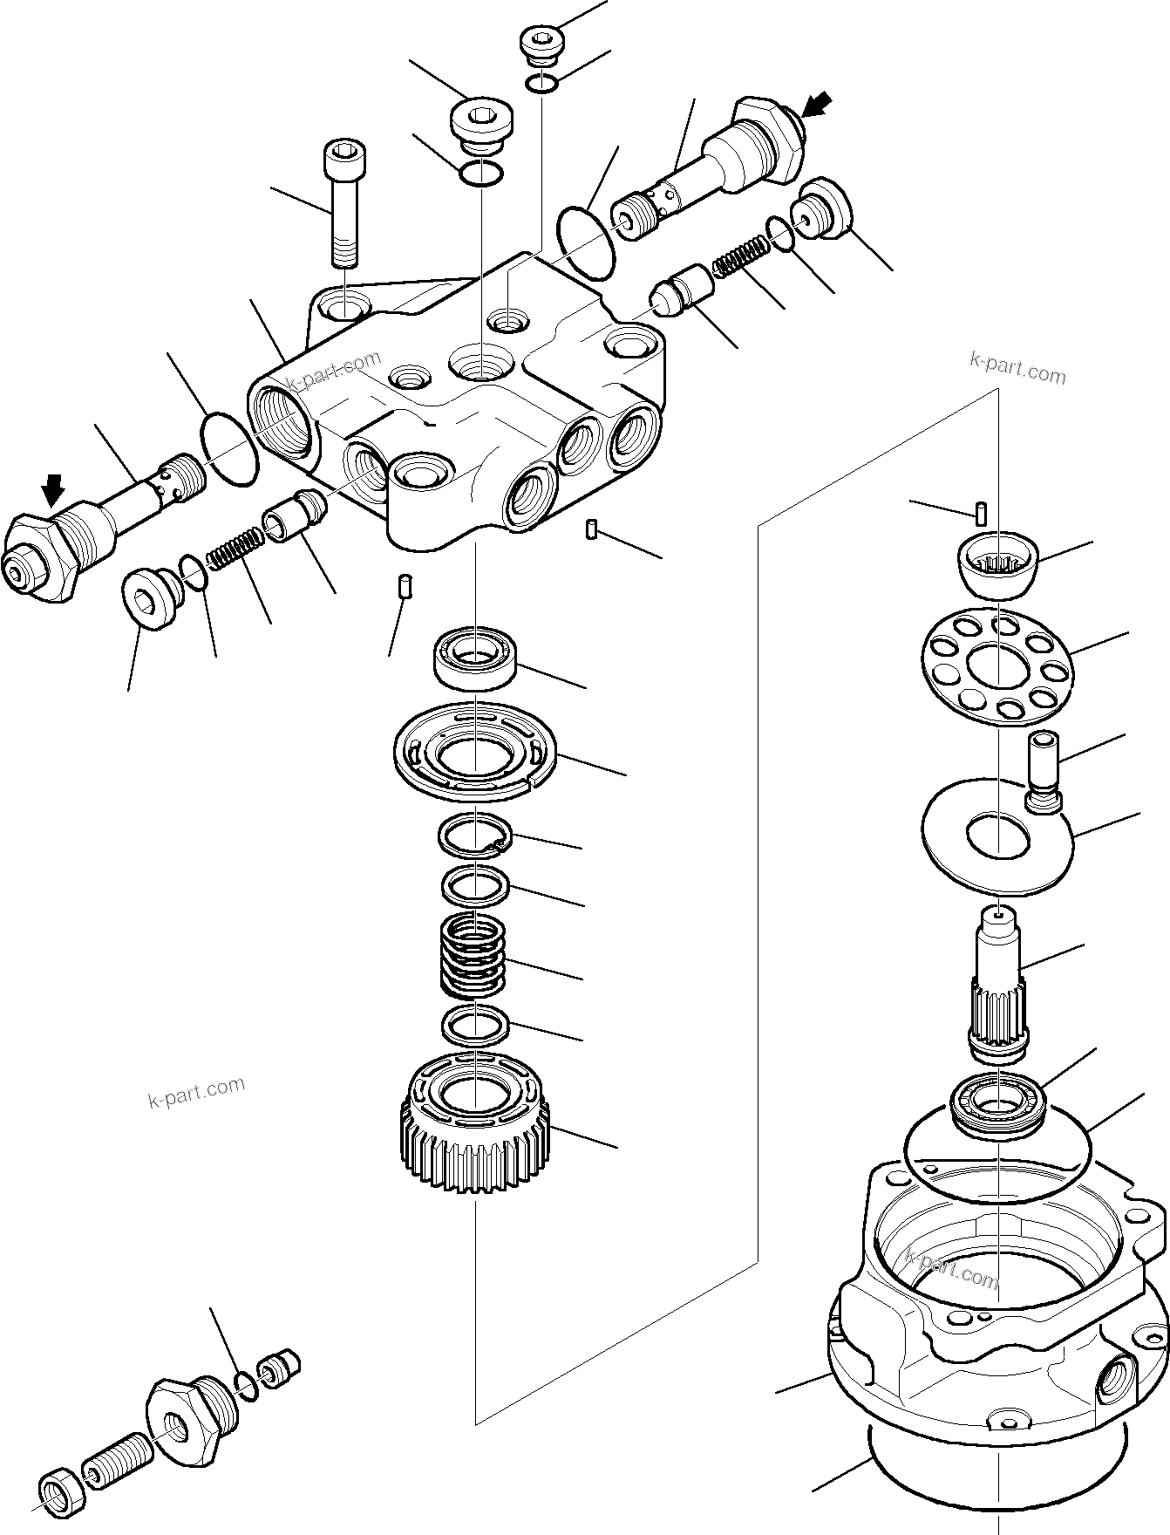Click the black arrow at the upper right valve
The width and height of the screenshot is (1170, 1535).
pyautogui.click(x=817, y=106)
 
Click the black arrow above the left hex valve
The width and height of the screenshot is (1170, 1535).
pyautogui.click(x=54, y=490)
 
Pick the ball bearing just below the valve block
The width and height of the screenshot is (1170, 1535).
pyautogui.click(x=476, y=658)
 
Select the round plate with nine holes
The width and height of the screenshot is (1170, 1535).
pyautogui.click(x=997, y=667)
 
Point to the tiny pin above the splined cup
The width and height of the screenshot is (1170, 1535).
pyautogui.click(x=981, y=513)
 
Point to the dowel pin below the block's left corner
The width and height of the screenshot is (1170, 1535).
pyautogui.click(x=404, y=585)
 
